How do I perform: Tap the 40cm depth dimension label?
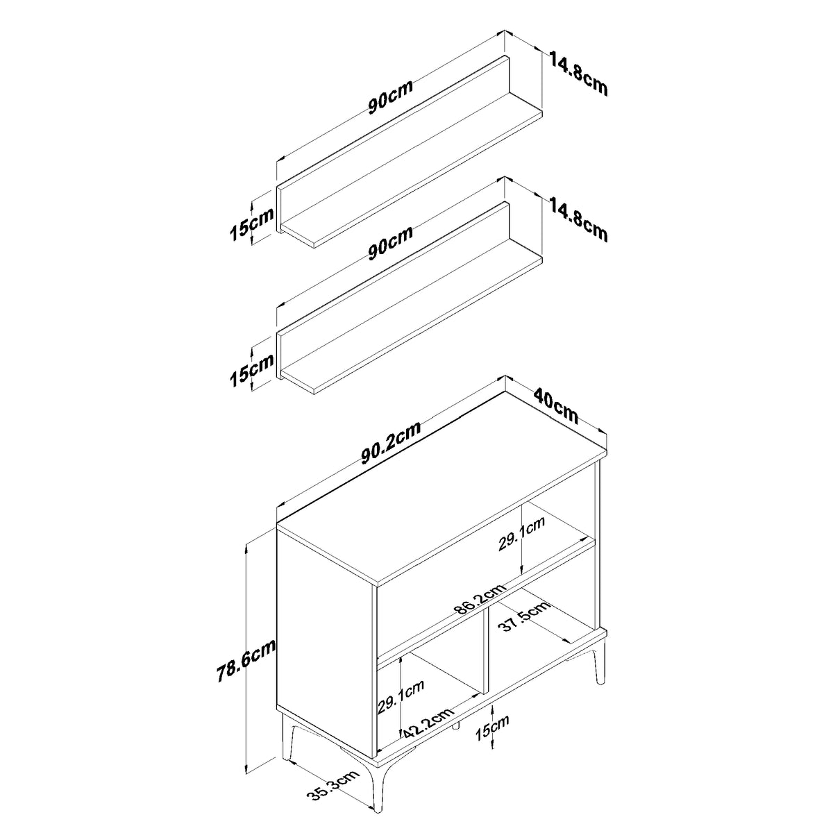pyautogui.click(x=555, y=406)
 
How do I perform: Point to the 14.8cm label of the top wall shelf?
pyautogui.click(x=579, y=74)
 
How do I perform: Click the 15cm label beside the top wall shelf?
pyautogui.click(x=251, y=225)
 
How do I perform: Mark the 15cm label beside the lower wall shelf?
pyautogui.click(x=251, y=371)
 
